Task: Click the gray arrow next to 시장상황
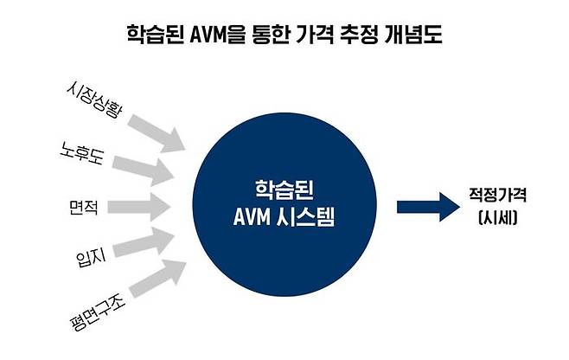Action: click(x=155, y=128)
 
